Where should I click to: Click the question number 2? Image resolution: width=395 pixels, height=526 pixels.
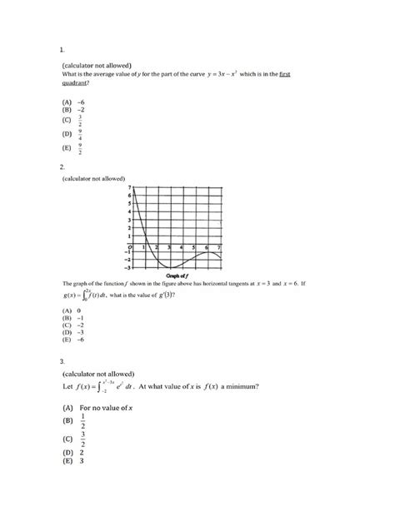click(63, 166)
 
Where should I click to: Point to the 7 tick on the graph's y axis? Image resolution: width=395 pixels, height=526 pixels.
click(130, 188)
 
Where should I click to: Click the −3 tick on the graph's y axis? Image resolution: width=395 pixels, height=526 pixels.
click(128, 267)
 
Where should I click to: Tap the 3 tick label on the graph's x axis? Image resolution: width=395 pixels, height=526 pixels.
click(170, 247)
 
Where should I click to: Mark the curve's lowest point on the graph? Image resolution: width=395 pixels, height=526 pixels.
click(170, 267)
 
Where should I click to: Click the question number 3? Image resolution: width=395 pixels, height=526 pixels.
click(62, 361)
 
